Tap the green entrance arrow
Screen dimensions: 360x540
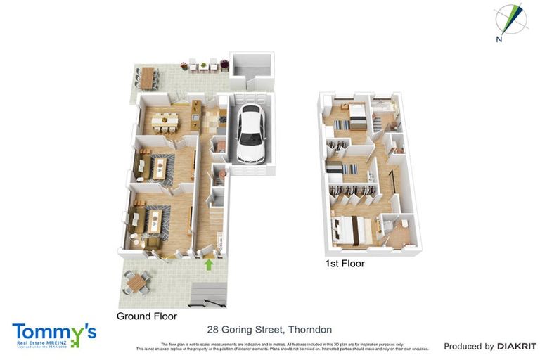point(208,265)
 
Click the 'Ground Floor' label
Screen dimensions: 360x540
point(146,316)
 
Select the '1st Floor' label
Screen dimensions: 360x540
point(345,264)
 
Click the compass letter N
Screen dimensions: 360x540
point(499,40)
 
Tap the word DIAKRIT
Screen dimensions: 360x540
point(517,346)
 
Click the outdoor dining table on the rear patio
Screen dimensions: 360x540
point(146,78)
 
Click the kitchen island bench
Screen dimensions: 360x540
point(195,120)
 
